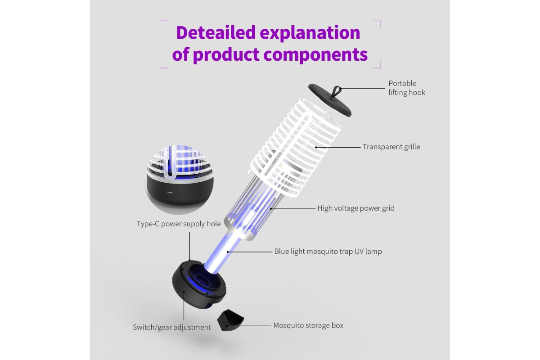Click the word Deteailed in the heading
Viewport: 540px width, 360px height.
(x=216, y=32)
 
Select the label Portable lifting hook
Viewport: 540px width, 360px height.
(x=407, y=88)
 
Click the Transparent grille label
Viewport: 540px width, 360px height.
(x=391, y=147)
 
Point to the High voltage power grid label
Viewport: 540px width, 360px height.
(x=356, y=208)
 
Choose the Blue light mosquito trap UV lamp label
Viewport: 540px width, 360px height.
(x=328, y=251)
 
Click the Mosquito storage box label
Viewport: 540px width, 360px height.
(x=308, y=325)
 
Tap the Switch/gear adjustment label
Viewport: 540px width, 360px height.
(x=171, y=327)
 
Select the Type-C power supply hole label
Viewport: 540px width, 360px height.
(x=179, y=224)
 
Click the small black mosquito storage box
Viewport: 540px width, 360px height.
(x=230, y=320)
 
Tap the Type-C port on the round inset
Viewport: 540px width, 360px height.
(x=170, y=193)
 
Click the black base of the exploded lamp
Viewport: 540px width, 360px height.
(x=199, y=285)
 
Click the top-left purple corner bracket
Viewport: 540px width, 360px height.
(x=164, y=24)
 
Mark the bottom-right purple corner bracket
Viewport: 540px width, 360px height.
(x=377, y=65)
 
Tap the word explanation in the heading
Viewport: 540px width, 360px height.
(x=310, y=33)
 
